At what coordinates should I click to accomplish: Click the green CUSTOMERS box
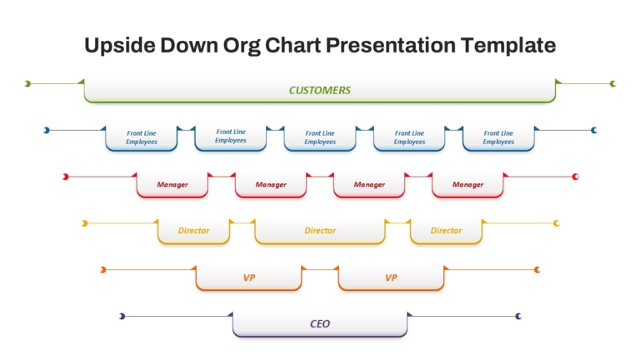point(320,90)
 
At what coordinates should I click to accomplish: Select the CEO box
point(320,324)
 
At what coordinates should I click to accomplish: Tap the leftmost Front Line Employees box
point(141,138)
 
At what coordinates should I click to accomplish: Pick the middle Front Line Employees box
point(320,138)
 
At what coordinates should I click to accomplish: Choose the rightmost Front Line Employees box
point(498,138)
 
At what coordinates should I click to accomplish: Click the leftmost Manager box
point(172,184)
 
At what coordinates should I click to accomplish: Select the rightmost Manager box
point(467,184)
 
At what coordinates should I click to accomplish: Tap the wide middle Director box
point(320,231)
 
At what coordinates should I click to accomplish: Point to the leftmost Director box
point(194,231)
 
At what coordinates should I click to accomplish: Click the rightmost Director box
point(446,231)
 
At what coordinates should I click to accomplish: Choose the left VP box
point(248,278)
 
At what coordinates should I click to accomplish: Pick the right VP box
point(391,278)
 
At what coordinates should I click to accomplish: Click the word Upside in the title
point(120,46)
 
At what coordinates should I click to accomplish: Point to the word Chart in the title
point(293,45)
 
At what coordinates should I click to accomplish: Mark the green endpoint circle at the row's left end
point(27,83)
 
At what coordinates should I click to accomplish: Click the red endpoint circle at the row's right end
point(576,177)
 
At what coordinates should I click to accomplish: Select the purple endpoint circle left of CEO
point(122,317)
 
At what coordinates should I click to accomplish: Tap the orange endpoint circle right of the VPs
point(537,270)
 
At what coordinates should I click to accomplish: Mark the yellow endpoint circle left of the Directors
point(84,223)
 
